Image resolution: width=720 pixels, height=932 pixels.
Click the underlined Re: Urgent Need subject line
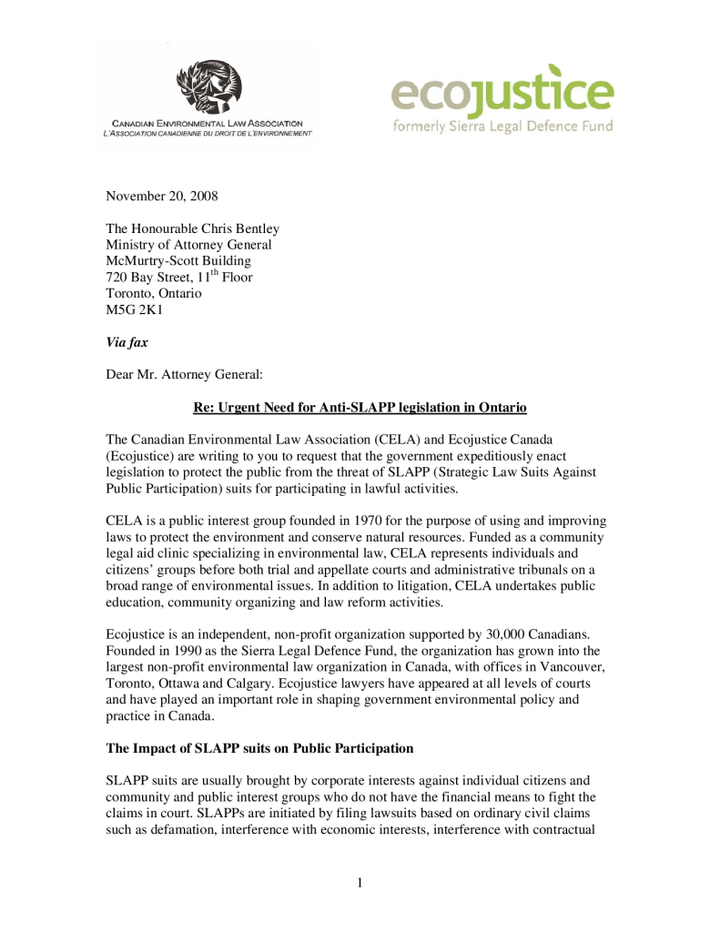(360, 404)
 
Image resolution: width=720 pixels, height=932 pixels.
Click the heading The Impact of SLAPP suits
(259, 748)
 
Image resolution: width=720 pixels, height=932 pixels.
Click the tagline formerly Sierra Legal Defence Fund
(502, 126)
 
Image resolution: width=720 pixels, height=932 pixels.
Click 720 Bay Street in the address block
(148, 277)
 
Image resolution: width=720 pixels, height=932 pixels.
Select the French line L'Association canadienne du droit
(207, 134)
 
